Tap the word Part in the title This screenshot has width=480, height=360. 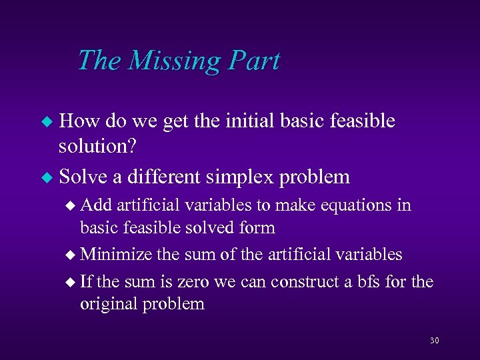pyautogui.click(x=255, y=61)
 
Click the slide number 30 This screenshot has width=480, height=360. pyautogui.click(x=435, y=341)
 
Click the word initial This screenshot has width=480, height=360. pyautogui.click(x=253, y=121)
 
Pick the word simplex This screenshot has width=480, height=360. pyautogui.click(x=243, y=177)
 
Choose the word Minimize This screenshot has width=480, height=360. pyautogui.click(x=117, y=254)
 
